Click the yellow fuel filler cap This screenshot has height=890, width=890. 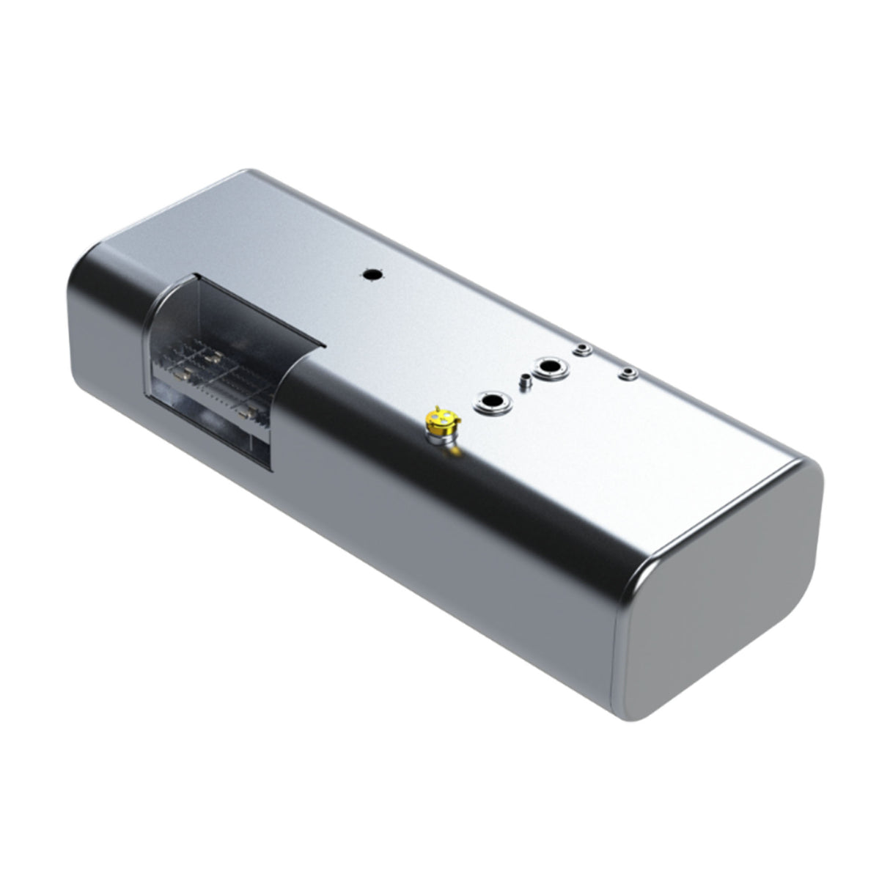441,419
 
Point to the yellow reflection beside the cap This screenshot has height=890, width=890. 457,449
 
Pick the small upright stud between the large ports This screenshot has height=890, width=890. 524,381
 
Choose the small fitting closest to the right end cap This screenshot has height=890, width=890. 627,373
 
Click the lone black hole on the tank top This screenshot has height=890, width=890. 373,275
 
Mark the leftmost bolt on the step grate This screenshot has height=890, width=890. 181,376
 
